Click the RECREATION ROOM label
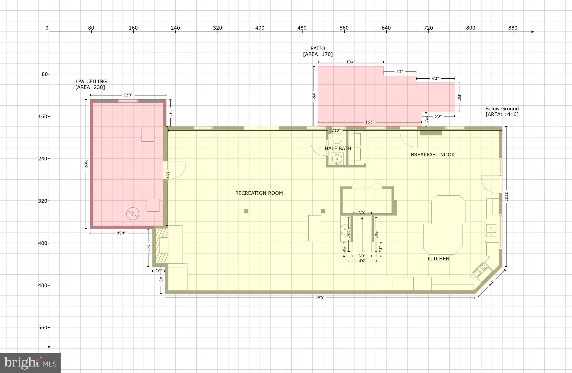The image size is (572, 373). tap(259, 193)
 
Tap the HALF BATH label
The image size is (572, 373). tap(338, 148)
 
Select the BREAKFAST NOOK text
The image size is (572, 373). tap(433, 155)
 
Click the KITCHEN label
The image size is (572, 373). tap(438, 259)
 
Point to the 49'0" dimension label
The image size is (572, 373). tap(320, 298)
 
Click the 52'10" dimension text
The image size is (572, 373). tap(335, 131)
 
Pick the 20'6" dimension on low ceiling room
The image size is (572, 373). tap(86, 164)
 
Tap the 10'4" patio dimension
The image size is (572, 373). tap(351, 62)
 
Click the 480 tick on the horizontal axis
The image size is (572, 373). tap(302, 28)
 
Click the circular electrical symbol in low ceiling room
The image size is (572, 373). tap(133, 214)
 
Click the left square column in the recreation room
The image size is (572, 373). tap(246, 211)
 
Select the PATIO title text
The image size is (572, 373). tap(318, 48)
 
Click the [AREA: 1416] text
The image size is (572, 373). tap(502, 114)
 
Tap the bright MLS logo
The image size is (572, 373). tap(30, 363)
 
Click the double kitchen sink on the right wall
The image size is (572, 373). tap(491, 231)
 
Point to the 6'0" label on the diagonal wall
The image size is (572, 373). tap(491, 283)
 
